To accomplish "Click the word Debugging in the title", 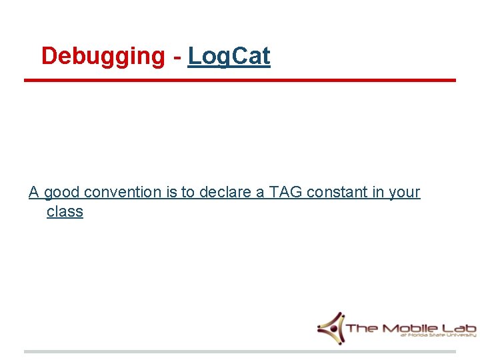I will point(102,57).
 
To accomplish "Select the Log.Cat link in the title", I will point(229,57).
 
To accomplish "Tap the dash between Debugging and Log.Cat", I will point(177,57).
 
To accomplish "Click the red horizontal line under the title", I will point(240,81).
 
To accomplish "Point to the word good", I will point(62,193).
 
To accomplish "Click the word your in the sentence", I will point(404,193).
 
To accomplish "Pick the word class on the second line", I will point(65,212).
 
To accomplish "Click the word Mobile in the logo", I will point(409,328).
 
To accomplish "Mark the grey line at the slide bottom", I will point(240,351).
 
